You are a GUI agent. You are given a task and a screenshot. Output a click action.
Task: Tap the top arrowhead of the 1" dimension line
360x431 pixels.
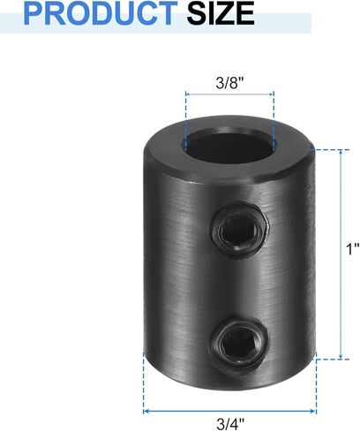[x=340, y=154]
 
